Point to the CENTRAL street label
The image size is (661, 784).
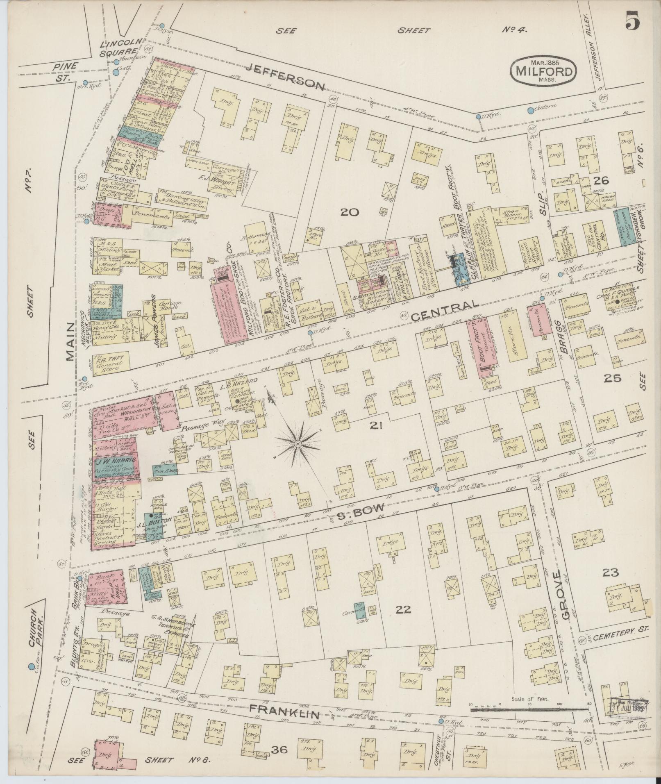(x=445, y=310)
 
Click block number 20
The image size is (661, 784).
(x=350, y=212)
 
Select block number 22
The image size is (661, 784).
(x=403, y=610)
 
